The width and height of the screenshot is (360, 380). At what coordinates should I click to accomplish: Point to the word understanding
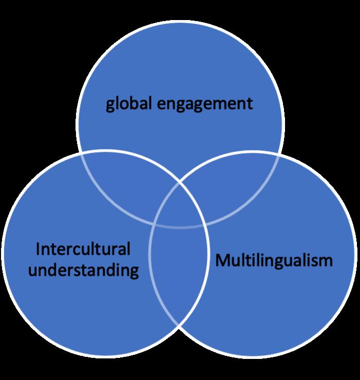pyautogui.click(x=83, y=269)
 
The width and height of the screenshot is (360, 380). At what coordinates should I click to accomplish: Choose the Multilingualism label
pyautogui.click(x=274, y=260)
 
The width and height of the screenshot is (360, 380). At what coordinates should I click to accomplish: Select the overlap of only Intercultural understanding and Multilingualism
pyautogui.click(x=178, y=273)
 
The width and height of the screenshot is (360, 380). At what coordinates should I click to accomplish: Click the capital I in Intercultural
pyautogui.click(x=38, y=250)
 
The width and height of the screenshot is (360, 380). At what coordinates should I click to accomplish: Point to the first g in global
pyautogui.click(x=110, y=105)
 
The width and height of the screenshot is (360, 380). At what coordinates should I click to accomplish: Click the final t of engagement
pyautogui.click(x=250, y=104)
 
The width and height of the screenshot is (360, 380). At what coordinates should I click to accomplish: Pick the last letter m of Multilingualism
pyautogui.click(x=326, y=261)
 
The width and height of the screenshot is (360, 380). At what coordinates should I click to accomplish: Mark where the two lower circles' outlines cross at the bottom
pyautogui.click(x=178, y=325)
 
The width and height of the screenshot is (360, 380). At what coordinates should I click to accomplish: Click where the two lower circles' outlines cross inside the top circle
pyautogui.click(x=179, y=180)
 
